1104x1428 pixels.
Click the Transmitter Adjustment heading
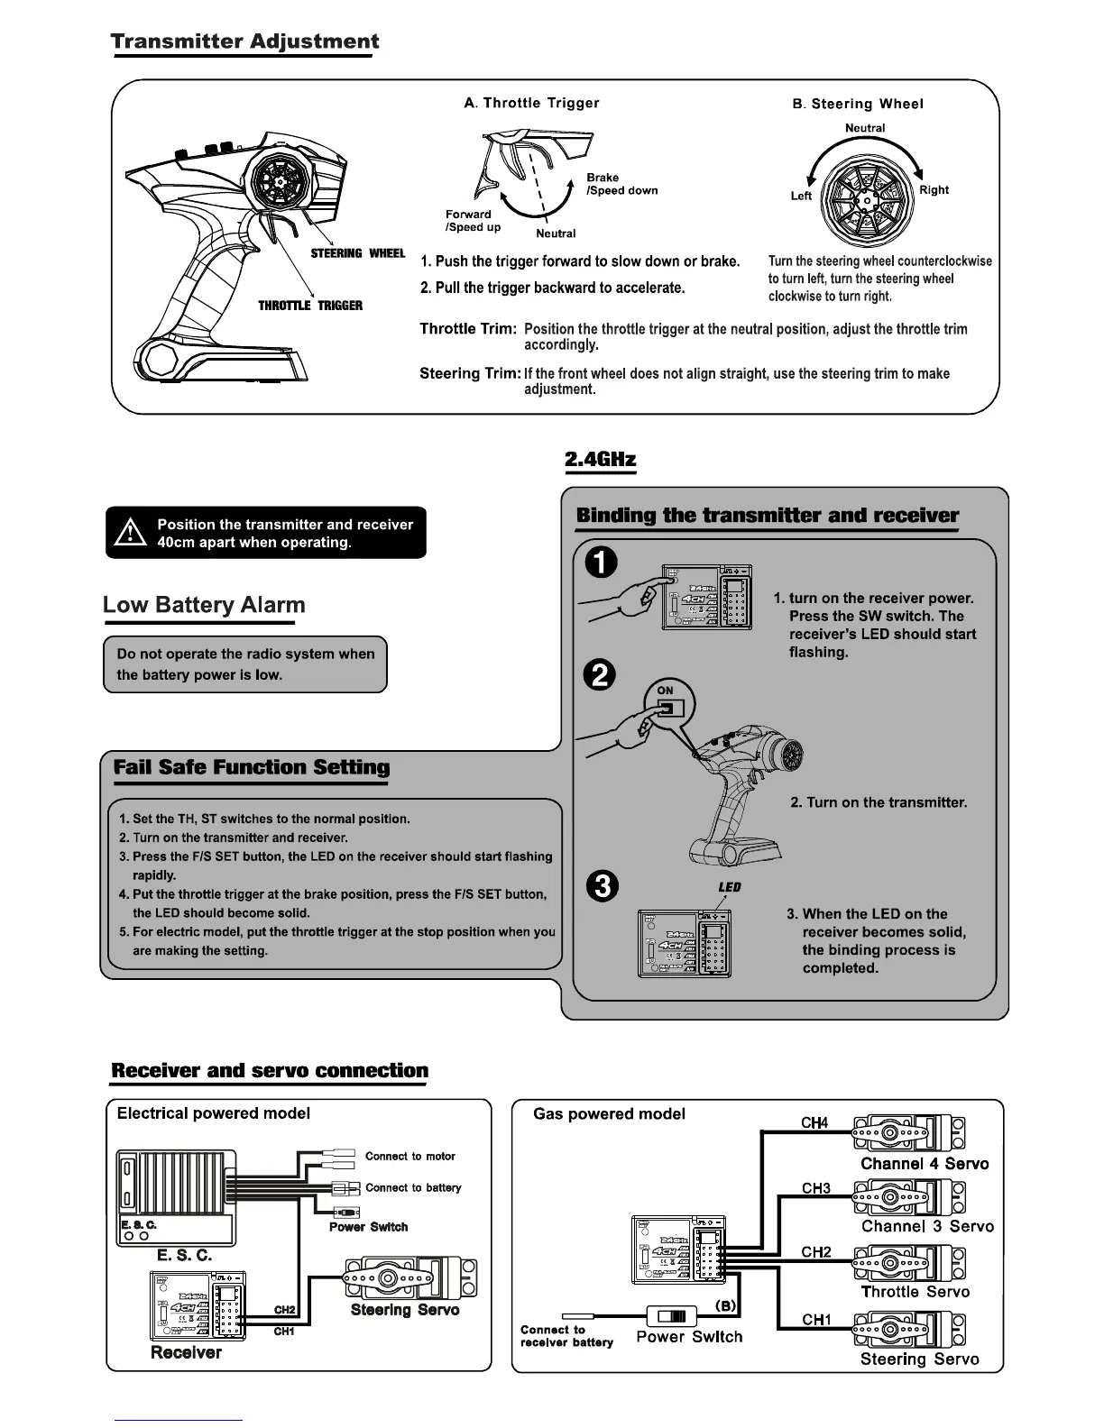click(244, 41)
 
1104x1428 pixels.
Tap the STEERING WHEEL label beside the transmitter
click(358, 253)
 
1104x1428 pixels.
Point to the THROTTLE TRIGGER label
click(310, 306)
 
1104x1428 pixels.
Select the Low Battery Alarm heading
click(204, 605)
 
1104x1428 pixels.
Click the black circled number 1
click(602, 563)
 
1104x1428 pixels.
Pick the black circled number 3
click(602, 886)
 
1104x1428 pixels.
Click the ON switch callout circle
click(669, 704)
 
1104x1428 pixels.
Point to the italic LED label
click(729, 887)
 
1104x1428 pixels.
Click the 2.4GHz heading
click(600, 460)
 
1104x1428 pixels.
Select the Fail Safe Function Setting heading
click(252, 768)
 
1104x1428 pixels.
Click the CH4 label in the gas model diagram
click(814, 1122)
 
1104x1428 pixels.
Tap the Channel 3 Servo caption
click(927, 1226)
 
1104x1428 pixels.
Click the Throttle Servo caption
click(915, 1292)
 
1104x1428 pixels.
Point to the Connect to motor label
click(409, 1156)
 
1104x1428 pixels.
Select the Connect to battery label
click(412, 1187)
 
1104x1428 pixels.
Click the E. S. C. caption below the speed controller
click(184, 1255)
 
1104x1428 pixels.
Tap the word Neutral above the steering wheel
click(864, 128)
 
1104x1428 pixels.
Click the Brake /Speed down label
click(621, 184)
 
